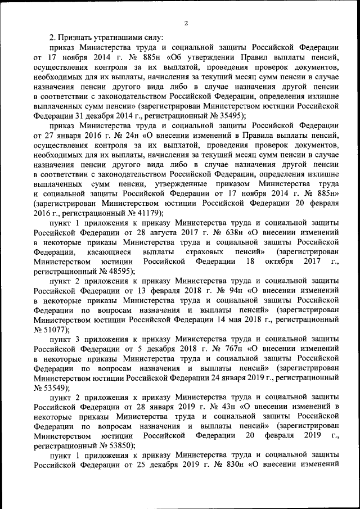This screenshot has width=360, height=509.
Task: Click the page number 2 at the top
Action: pos(186,23)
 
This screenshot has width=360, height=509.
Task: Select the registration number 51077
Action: pos(55,330)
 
